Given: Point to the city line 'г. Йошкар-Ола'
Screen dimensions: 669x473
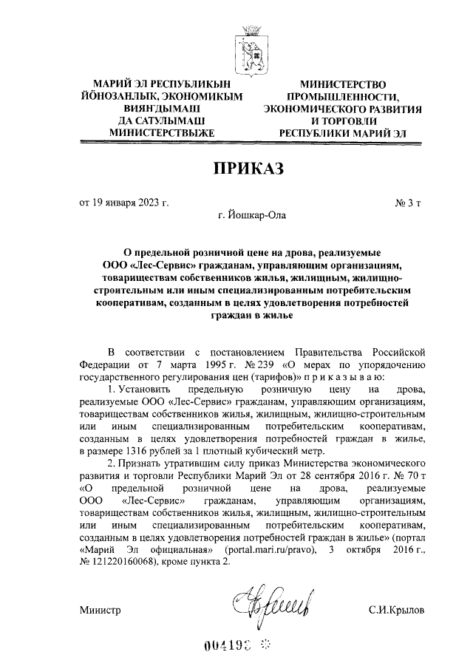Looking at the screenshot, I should click(249, 216).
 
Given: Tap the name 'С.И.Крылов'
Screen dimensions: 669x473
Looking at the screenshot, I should click(398, 611).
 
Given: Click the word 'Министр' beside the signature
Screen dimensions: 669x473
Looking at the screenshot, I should click(99, 611).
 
